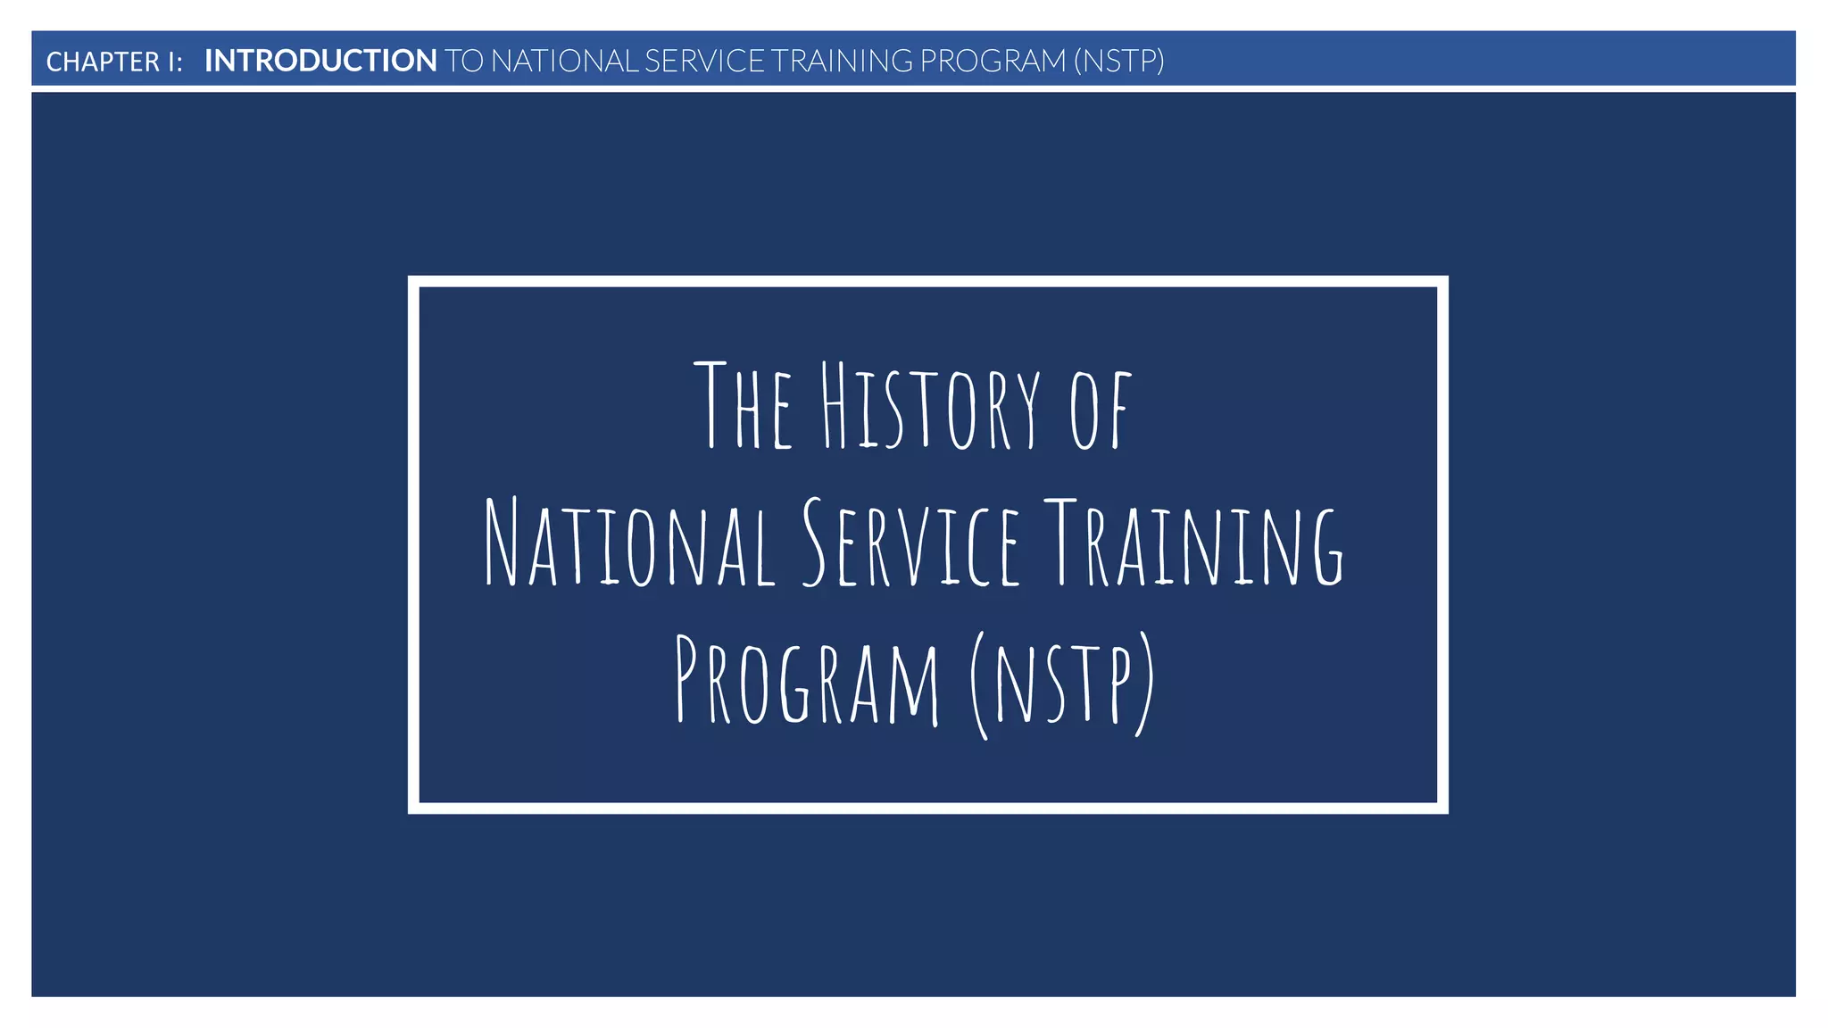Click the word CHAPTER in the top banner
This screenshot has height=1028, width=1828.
click(x=103, y=62)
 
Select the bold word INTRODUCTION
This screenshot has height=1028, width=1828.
click(x=320, y=61)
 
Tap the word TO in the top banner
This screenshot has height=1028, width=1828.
click(x=464, y=61)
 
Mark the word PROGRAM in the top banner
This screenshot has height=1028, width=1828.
click(x=993, y=61)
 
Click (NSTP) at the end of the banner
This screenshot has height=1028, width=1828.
click(x=1118, y=61)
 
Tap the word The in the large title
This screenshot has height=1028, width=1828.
click(x=744, y=405)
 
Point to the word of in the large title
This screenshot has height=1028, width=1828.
click(x=1101, y=409)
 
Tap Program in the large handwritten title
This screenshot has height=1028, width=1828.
click(x=807, y=680)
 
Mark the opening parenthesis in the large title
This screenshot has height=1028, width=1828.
click(x=979, y=685)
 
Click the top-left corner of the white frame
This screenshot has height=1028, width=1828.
click(x=414, y=282)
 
